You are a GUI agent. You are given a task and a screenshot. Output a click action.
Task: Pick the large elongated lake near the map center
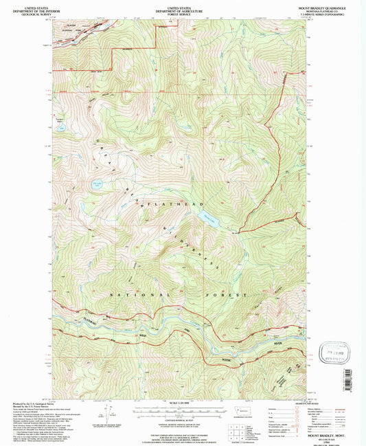coord(209,219)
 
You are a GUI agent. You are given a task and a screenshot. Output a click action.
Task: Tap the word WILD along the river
coord(142,335)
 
